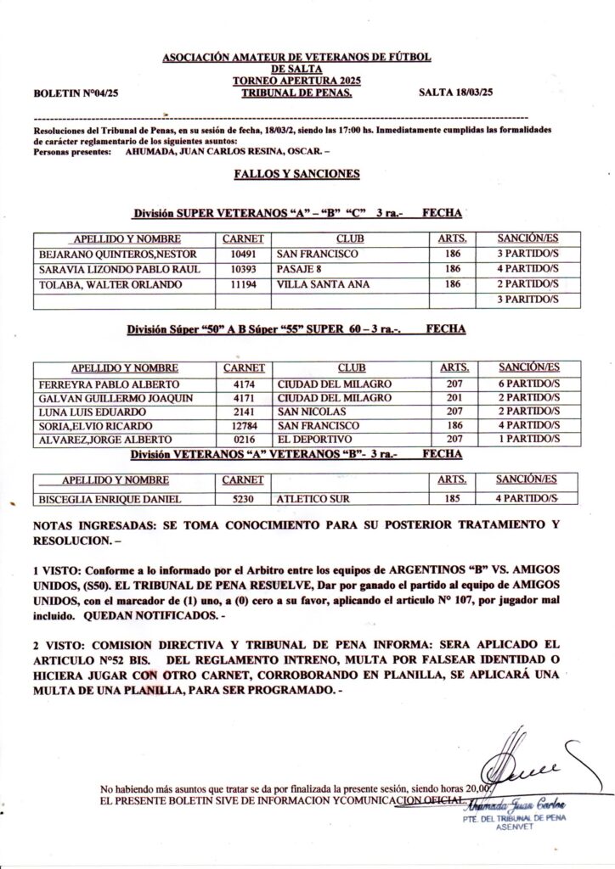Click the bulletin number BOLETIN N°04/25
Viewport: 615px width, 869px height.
coord(76,94)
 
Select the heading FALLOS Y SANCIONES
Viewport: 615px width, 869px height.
coord(296,174)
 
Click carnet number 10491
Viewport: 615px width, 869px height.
coord(243,254)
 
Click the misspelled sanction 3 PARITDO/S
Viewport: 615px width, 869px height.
coord(528,300)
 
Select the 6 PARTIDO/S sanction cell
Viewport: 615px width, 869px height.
coord(528,384)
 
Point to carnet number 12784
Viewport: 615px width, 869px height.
coord(243,424)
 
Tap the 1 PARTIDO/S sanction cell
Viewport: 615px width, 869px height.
coord(528,439)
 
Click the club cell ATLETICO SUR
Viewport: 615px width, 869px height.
coord(313,499)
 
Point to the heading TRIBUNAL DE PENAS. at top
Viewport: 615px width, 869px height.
coord(296,93)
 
